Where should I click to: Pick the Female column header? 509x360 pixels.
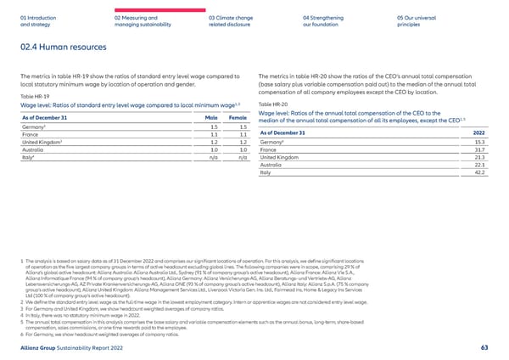(x=238, y=116)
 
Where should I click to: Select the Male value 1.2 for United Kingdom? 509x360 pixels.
(x=218, y=142)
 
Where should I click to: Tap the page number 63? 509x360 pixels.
(x=483, y=346)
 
